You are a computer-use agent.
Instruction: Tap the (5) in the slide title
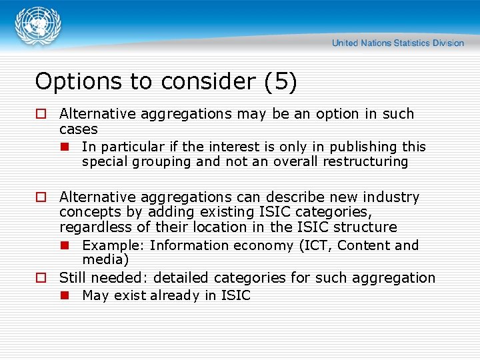(280, 81)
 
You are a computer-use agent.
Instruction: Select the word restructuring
(365, 162)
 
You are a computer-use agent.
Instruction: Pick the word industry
(393, 197)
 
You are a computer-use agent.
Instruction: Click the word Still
(73, 278)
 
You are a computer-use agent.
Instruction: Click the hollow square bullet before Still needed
(41, 278)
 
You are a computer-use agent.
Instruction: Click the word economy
(265, 245)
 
